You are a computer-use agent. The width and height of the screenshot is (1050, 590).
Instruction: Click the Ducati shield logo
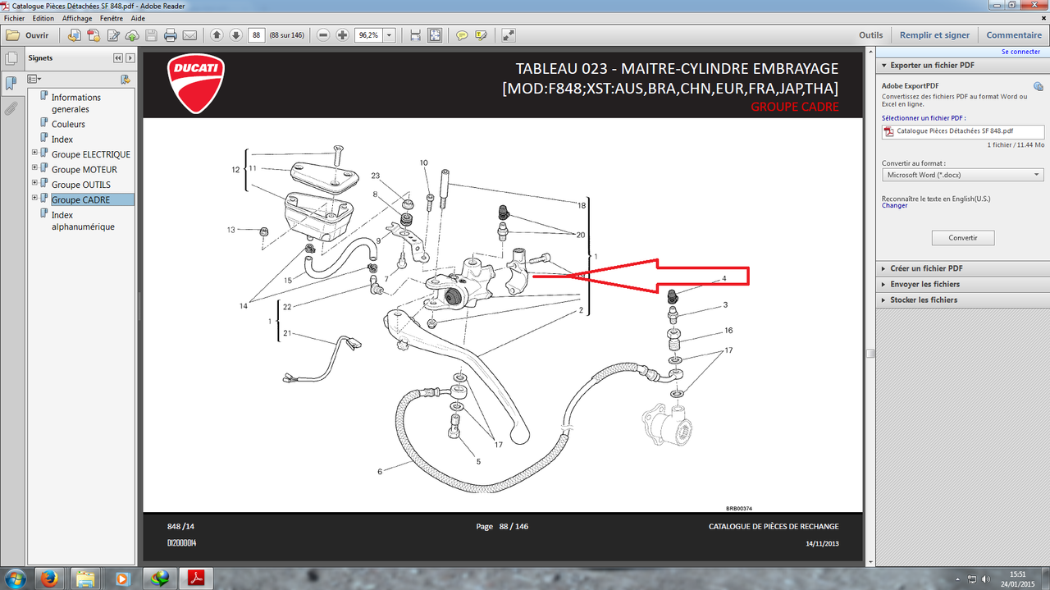[196, 84]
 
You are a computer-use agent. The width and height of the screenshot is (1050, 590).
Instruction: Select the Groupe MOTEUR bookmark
[84, 169]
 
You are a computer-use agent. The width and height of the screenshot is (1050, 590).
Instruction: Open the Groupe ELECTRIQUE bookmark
[90, 154]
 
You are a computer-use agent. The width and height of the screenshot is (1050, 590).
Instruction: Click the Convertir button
[963, 238]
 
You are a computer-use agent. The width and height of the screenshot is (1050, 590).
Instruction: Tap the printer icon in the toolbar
[170, 35]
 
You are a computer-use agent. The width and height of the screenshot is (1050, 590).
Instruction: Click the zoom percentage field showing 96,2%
[369, 35]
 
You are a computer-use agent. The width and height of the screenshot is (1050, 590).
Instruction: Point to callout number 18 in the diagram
[582, 205]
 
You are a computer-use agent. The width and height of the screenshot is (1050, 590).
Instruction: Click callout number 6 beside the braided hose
[380, 471]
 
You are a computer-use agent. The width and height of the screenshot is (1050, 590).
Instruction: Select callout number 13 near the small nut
[231, 230]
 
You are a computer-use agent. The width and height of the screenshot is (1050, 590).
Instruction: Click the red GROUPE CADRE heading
[795, 107]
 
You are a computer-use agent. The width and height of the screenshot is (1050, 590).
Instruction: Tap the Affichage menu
[77, 18]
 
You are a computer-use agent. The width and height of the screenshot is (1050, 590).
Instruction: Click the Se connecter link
[1020, 52]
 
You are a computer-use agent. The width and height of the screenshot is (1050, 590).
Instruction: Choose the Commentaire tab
[1013, 35]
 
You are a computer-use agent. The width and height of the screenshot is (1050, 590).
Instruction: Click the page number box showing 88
[257, 35]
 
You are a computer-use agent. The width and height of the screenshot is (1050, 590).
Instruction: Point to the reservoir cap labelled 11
[324, 178]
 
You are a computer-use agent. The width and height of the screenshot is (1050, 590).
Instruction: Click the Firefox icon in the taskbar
[49, 579]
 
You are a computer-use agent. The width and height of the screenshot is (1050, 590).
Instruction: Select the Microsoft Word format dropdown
[963, 175]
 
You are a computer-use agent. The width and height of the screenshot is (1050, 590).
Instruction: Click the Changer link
[894, 205]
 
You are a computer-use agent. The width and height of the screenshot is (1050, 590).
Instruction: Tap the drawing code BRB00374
[739, 509]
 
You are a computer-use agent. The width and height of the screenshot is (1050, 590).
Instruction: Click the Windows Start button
[15, 579]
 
